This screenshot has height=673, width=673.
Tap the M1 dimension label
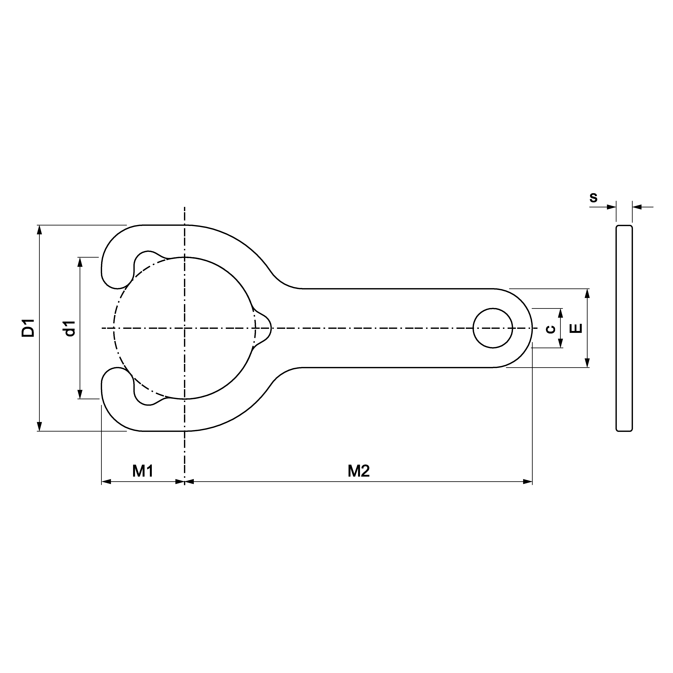tap(143, 471)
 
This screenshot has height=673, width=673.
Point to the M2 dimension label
tap(359, 471)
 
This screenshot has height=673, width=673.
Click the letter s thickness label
tap(593, 198)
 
